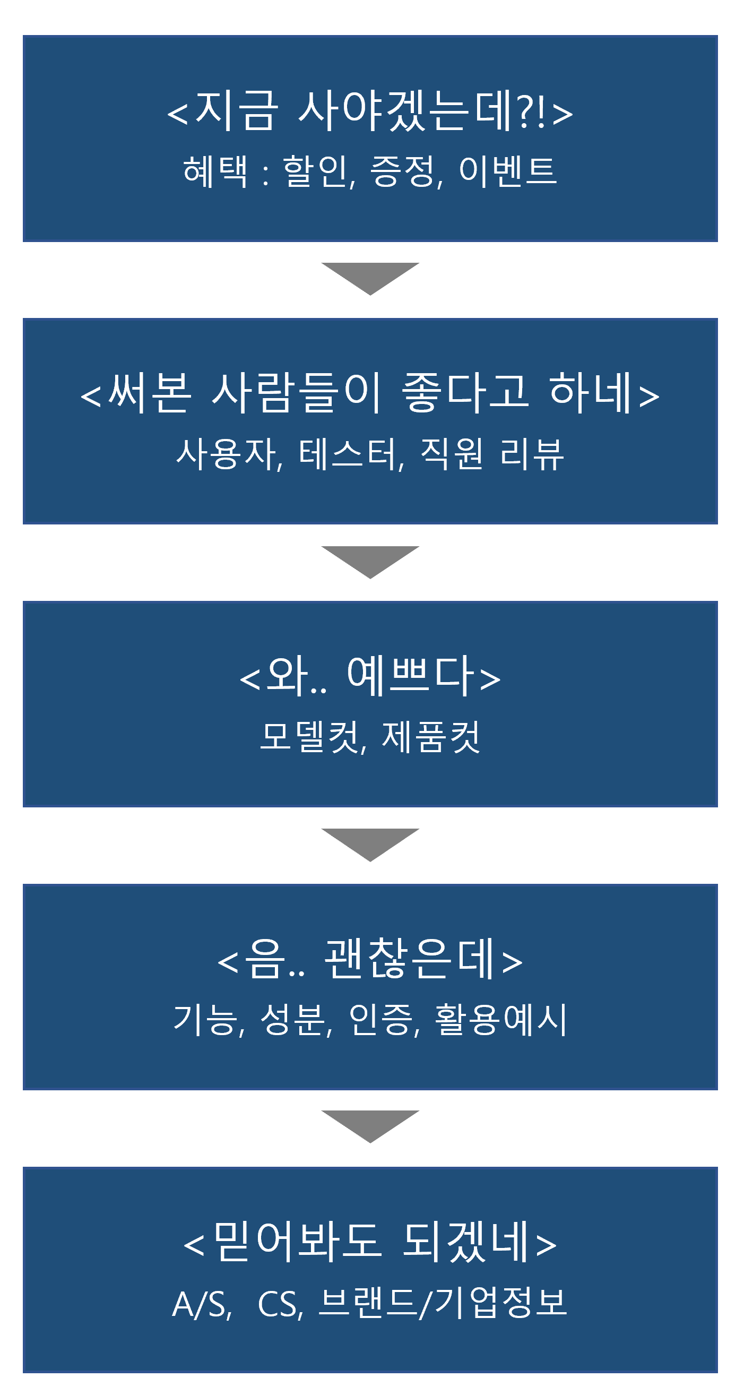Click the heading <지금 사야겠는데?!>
370,111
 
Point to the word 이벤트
508,170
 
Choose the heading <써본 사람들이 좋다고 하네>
370,393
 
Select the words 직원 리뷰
492,453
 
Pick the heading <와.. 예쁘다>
370,676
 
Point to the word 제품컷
431,736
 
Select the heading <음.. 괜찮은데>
370,959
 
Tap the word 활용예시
501,1020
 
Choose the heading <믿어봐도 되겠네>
370,1242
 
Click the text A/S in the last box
202,1304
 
